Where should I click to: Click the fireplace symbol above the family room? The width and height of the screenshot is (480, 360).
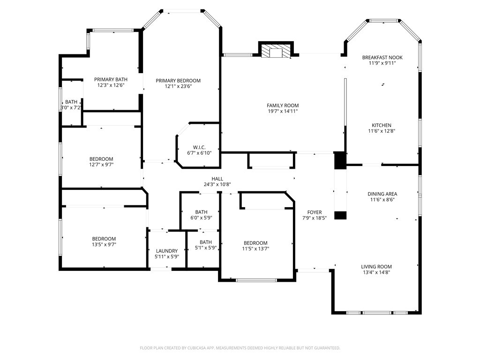(x=276, y=52)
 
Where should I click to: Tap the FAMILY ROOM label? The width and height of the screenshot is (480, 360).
(x=283, y=105)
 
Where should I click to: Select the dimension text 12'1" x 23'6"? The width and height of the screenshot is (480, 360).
(x=178, y=86)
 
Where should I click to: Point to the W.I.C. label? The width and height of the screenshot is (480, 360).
(x=199, y=147)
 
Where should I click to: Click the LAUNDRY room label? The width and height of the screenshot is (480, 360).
(x=167, y=251)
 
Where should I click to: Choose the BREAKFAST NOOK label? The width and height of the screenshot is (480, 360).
(x=382, y=57)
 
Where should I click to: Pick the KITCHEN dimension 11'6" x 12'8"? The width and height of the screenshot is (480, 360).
(x=382, y=131)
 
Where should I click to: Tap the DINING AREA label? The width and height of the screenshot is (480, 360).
(x=382, y=194)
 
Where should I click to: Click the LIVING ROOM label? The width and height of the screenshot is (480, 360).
(x=376, y=267)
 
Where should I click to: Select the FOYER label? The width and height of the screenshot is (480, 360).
(x=315, y=212)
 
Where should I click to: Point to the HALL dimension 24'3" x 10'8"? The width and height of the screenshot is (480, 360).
(x=217, y=185)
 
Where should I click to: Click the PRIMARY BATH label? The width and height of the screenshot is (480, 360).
(x=111, y=79)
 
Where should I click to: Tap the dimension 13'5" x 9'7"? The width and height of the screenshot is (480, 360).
(x=104, y=245)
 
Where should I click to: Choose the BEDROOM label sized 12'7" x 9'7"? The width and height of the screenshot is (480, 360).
(x=101, y=159)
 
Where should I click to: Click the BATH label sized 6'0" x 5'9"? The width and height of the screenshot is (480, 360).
(x=201, y=212)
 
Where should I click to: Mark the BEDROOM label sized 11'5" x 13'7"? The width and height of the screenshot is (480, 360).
(x=255, y=243)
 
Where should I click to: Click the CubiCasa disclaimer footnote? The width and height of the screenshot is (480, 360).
(x=240, y=348)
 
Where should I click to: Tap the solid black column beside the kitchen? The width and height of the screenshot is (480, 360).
(x=340, y=160)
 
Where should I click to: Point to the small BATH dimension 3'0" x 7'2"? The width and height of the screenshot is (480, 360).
(x=71, y=108)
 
